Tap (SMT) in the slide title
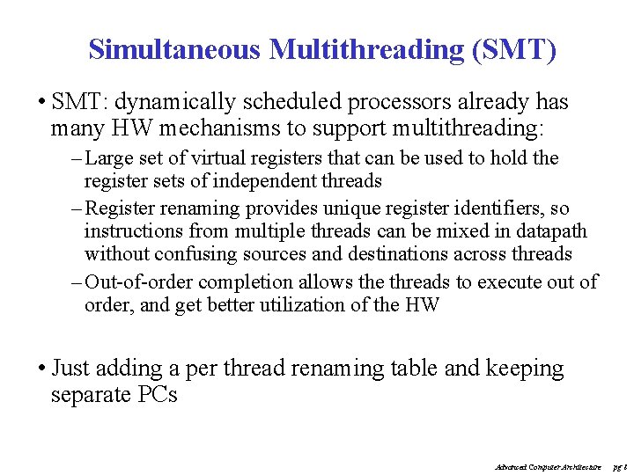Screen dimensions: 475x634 (x=514, y=49)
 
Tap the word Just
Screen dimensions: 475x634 (x=70, y=368)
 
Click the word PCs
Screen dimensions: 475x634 (x=158, y=394)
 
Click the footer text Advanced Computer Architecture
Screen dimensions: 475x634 (x=549, y=466)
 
